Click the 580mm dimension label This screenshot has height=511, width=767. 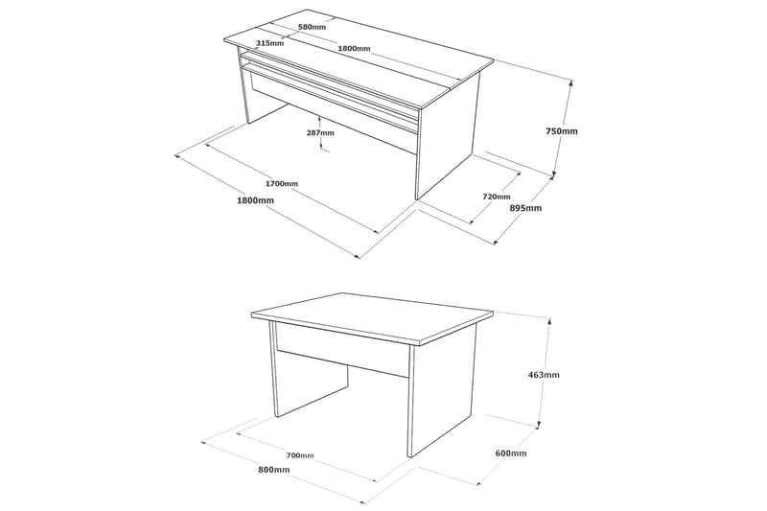[x=312, y=28]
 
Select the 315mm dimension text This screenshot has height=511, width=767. [x=270, y=44]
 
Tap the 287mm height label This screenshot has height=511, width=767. [x=320, y=132]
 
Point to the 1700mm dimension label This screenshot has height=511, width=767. [x=281, y=183]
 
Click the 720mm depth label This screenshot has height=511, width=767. [x=497, y=196]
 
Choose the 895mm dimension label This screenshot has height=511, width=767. [x=525, y=208]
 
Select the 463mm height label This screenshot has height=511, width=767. [x=543, y=375]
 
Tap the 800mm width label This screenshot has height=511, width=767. [x=274, y=470]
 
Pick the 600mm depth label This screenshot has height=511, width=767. [x=511, y=453]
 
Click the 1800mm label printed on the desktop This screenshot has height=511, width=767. [x=354, y=48]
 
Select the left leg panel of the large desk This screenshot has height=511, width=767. [x=242, y=86]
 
